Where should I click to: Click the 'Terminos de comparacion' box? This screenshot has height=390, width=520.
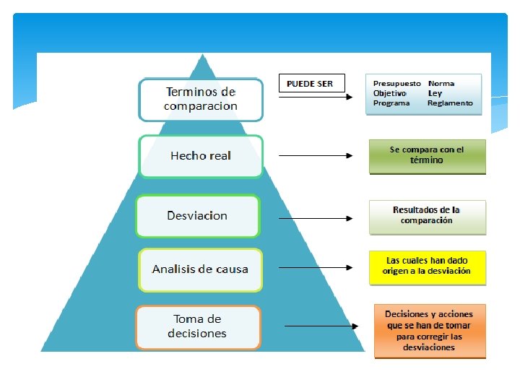201,100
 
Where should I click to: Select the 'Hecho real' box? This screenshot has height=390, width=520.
201,156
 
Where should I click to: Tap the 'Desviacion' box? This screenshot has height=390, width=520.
197,216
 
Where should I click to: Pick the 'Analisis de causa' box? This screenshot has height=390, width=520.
200,269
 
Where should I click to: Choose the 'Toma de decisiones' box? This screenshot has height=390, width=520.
197,327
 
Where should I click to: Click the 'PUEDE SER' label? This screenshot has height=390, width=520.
310,84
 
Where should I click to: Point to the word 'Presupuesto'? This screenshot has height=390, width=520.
396,84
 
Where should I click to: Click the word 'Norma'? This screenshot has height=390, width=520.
441,84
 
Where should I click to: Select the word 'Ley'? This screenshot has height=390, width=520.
435,93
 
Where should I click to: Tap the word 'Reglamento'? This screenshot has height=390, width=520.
450,103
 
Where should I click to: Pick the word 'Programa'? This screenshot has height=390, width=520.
391,103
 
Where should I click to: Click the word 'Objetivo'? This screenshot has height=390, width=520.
390,93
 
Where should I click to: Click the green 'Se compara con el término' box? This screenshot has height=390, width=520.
427,156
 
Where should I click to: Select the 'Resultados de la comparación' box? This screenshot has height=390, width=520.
427,216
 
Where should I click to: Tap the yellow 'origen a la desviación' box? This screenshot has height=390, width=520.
427,266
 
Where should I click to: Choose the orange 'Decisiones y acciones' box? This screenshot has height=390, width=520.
429,331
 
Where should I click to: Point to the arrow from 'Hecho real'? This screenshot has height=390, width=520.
316,155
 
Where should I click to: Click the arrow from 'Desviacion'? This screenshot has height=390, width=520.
316,218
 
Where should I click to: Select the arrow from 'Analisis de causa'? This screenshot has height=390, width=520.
316,267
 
